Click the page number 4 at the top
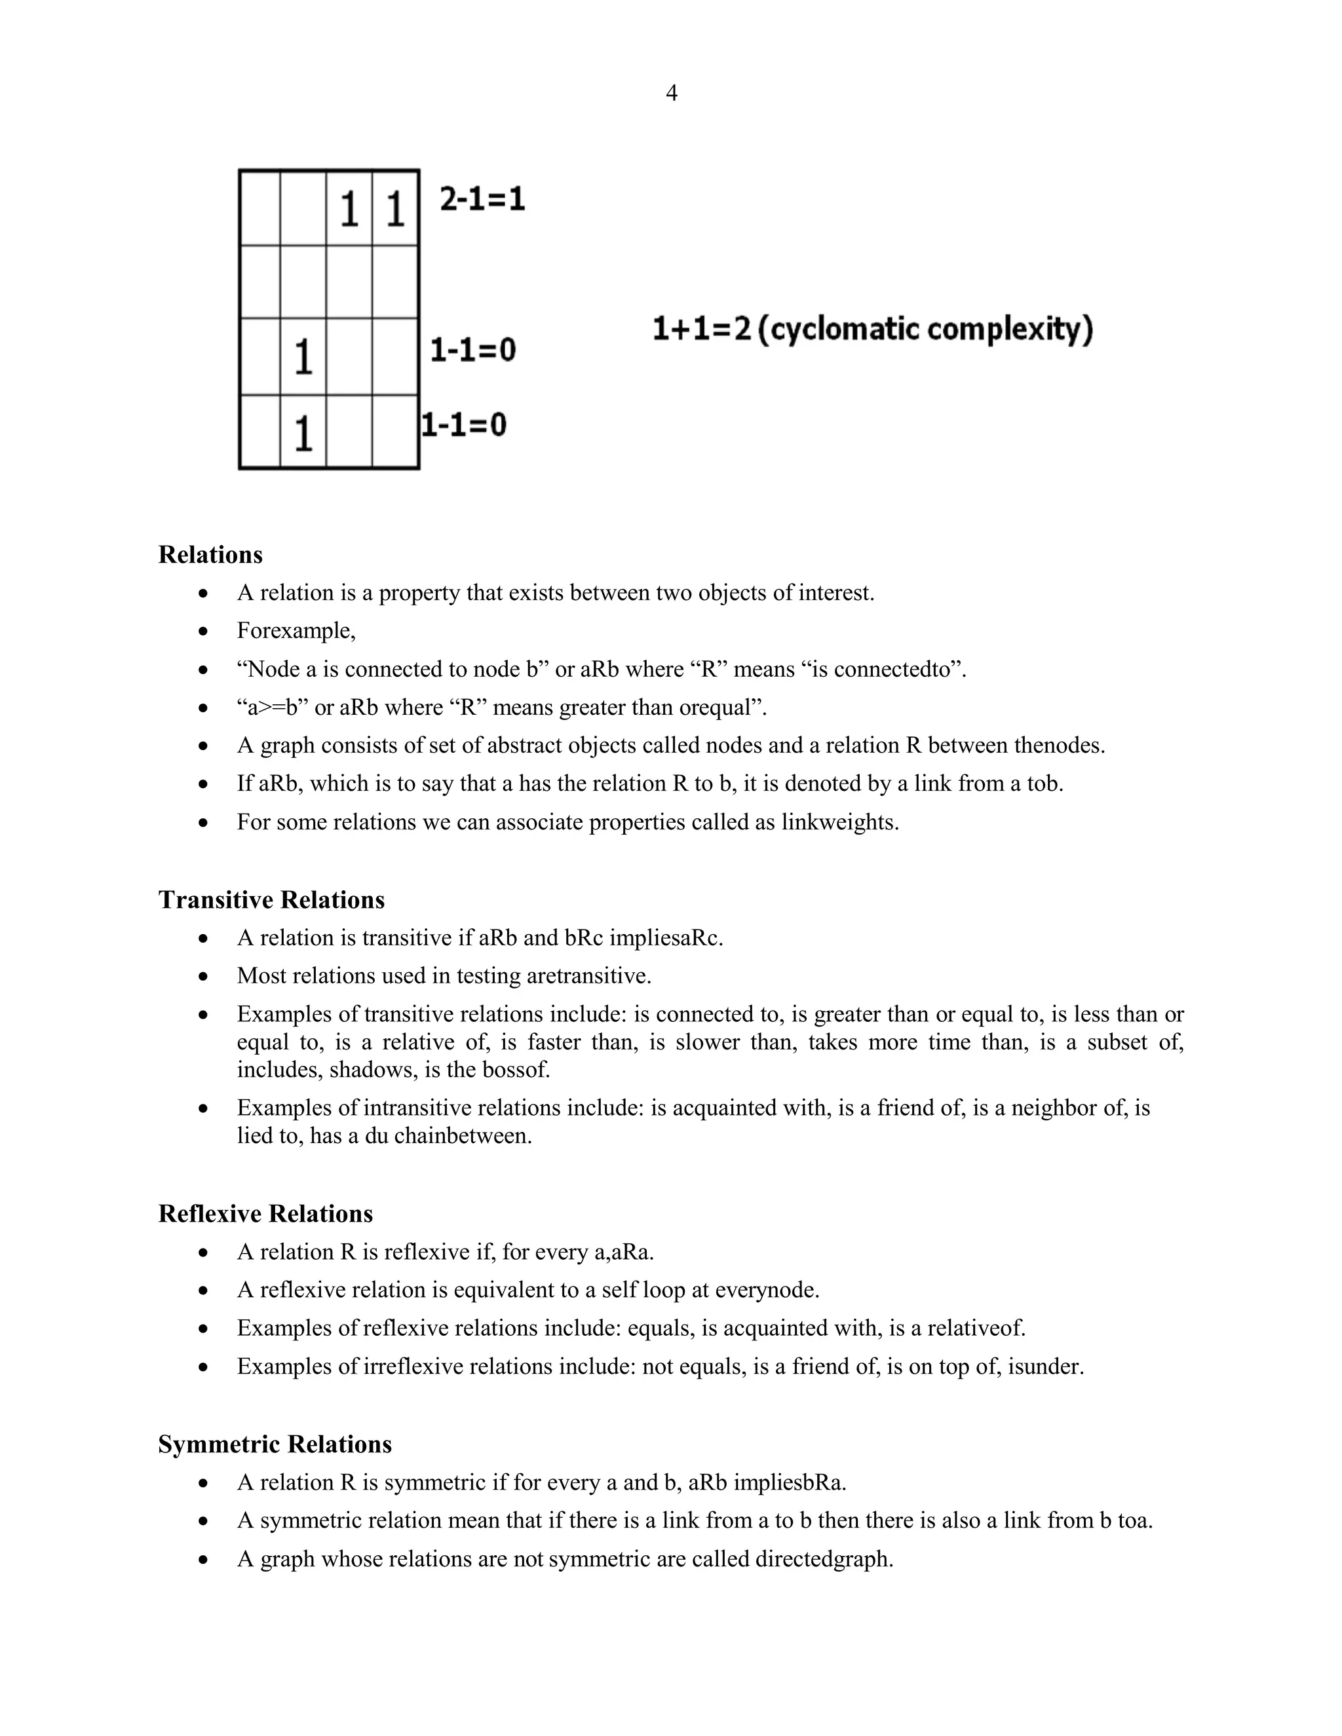(671, 94)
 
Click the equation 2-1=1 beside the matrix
(482, 198)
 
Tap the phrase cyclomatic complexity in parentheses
(925, 329)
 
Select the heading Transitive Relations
(271, 900)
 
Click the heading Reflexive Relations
(265, 1214)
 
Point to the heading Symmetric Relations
(275, 1444)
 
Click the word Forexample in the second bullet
(294, 631)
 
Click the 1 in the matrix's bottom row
(303, 434)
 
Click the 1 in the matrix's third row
(303, 357)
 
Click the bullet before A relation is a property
(204, 594)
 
